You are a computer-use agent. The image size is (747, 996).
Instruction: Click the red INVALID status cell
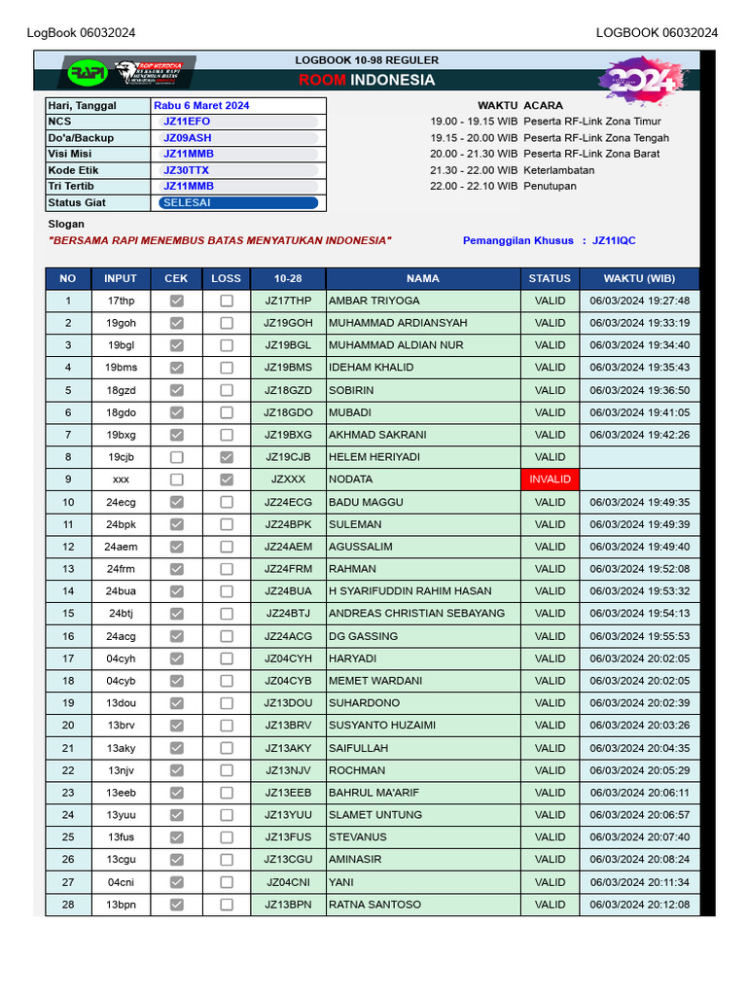550,480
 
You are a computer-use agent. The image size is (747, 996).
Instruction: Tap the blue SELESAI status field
238,203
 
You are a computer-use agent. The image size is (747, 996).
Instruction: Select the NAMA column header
422,278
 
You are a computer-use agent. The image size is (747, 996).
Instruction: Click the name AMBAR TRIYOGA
374,301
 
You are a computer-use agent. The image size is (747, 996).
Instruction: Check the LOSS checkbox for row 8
226,457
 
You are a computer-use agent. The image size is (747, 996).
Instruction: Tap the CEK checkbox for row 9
176,480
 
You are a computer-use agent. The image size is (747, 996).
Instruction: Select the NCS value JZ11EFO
187,122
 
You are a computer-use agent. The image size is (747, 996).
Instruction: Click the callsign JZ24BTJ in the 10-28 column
288,614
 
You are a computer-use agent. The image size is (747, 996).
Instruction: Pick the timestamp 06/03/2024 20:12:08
639,905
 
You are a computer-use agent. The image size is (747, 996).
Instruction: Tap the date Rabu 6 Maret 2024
201,105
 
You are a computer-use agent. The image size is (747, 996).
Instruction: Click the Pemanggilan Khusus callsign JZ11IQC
614,240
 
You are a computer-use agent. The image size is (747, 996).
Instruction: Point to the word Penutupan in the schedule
550,186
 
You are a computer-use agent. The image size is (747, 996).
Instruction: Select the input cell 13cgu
121,860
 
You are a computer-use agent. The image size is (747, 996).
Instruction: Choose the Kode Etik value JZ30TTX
186,170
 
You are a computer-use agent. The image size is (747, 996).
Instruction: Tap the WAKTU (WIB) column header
639,278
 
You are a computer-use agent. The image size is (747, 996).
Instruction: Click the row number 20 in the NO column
68,726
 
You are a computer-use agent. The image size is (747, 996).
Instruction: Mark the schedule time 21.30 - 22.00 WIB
474,170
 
